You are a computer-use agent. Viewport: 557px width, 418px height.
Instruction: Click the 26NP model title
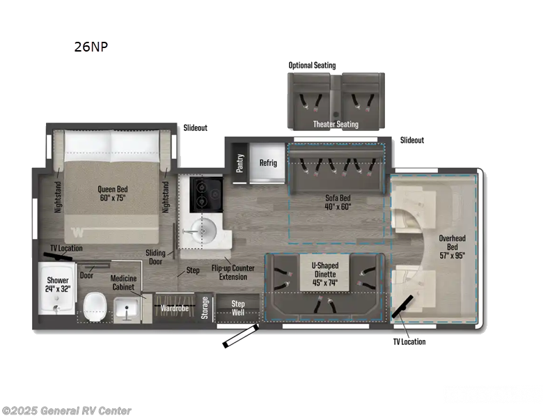[x=91, y=47]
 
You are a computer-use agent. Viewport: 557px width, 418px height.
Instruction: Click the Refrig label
[x=268, y=163]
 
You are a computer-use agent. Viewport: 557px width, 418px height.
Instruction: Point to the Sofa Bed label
[x=338, y=201]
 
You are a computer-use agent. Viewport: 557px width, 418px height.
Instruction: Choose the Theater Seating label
[x=336, y=124]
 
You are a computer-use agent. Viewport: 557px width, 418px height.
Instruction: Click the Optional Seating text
[x=312, y=65]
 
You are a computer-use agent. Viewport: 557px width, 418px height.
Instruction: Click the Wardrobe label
[x=175, y=307]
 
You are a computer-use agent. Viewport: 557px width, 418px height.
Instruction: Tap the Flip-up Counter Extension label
[x=233, y=272]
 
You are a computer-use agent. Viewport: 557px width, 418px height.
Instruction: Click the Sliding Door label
[x=155, y=257]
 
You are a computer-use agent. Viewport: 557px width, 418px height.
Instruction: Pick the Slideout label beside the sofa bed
[x=411, y=140]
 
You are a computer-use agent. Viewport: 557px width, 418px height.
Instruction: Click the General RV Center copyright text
[x=66, y=410]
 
